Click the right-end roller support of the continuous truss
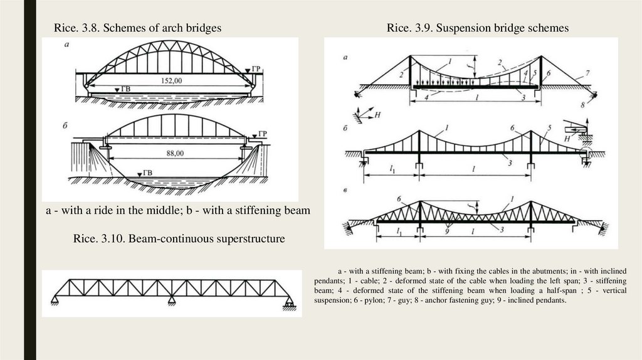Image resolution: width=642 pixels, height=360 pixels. pyautogui.click(x=288, y=304)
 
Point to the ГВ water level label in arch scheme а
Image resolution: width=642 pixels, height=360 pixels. pyautogui.click(x=124, y=91)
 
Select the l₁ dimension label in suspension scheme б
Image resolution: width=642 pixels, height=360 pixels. pyautogui.click(x=391, y=171)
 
